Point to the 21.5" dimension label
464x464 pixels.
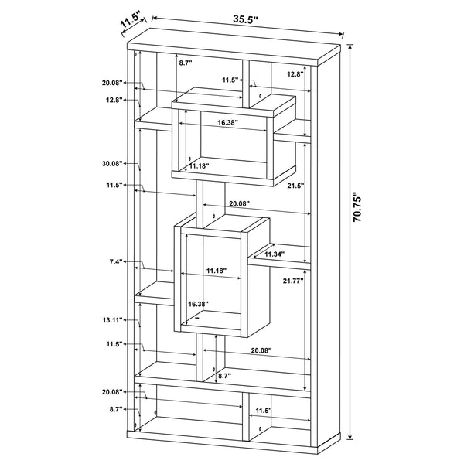[295, 186]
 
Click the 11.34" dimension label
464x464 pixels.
[275, 254]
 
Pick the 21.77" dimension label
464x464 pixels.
[293, 281]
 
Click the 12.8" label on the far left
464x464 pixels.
[114, 99]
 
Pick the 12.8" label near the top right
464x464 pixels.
[293, 73]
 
